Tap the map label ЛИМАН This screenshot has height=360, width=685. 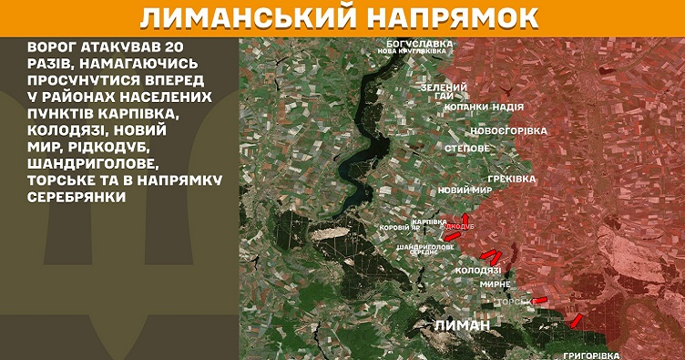pyautogui.click(x=462, y=325)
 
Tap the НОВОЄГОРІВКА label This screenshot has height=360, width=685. pyautogui.click(x=508, y=131)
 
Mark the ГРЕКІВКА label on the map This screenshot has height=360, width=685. pyautogui.click(x=511, y=179)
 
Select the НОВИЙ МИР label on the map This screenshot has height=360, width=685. pyautogui.click(x=465, y=190)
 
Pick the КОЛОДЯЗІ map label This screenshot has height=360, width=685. pyautogui.click(x=477, y=271)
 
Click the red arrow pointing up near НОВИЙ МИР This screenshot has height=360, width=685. pyautogui.click(x=465, y=219)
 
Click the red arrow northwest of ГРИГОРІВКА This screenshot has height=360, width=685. pyautogui.click(x=576, y=320)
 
